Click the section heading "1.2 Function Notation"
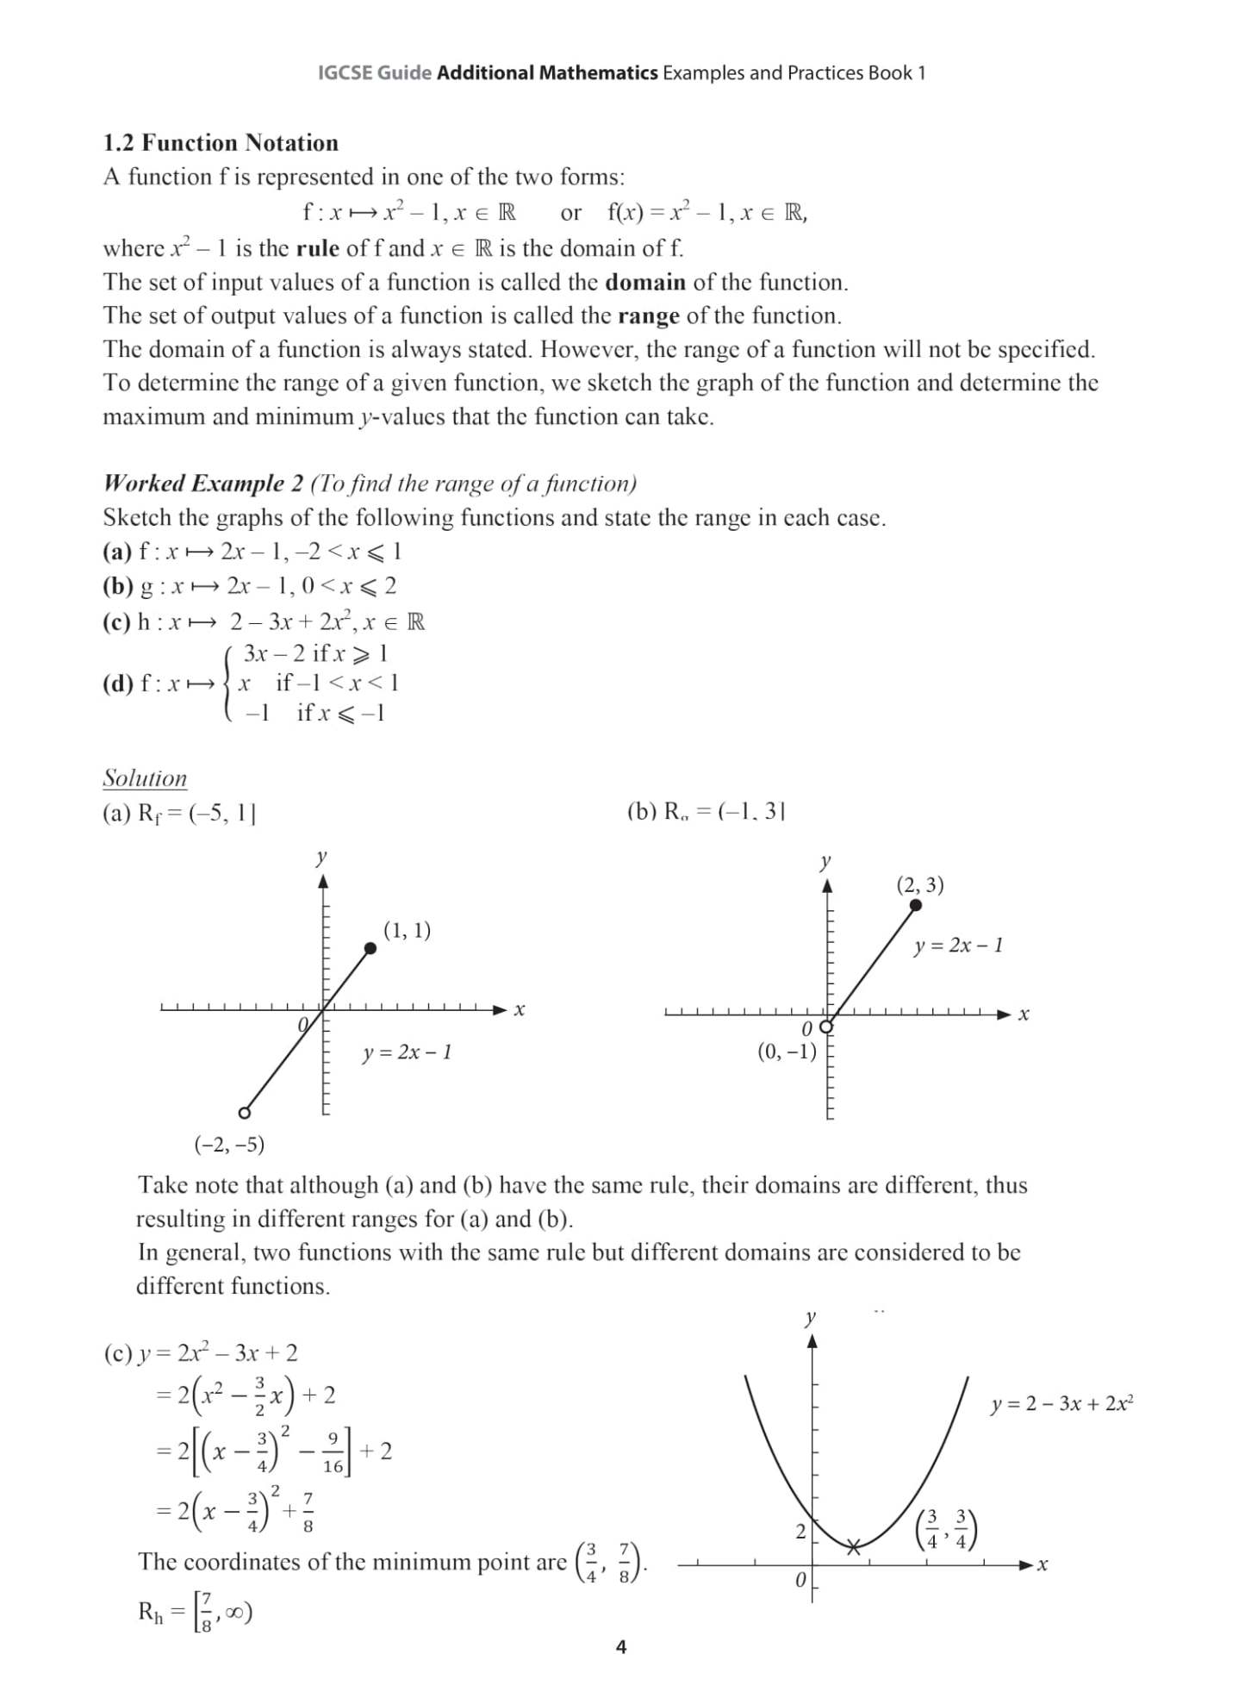point(221,143)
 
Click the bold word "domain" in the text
point(645,283)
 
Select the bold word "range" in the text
point(648,316)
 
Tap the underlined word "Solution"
point(145,778)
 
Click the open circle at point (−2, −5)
point(245,1113)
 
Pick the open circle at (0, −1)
point(826,1027)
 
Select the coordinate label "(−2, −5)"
point(229,1145)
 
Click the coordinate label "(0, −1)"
point(787,1052)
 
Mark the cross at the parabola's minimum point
point(853,1547)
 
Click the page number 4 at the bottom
point(621,1647)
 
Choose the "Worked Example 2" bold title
point(203,484)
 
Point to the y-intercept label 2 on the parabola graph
point(800,1532)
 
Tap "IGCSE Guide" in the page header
point(375,73)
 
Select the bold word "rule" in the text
point(318,249)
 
